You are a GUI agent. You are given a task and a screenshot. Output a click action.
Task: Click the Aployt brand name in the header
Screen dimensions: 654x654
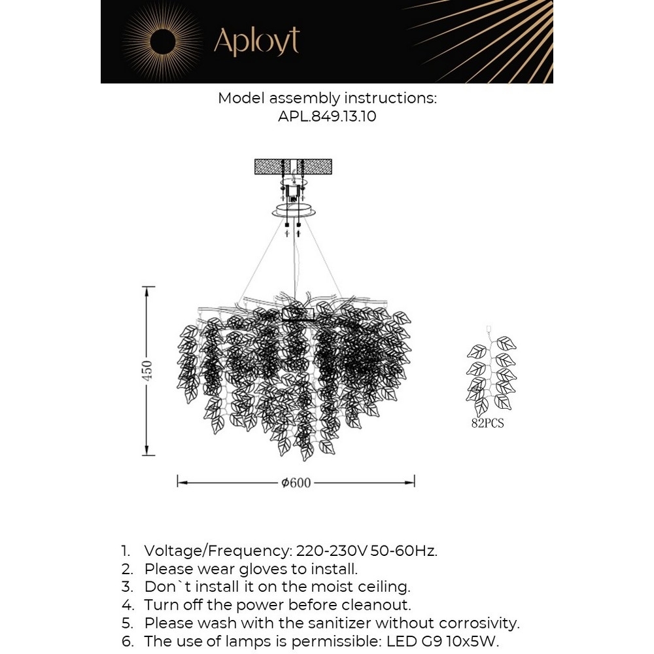point(256,42)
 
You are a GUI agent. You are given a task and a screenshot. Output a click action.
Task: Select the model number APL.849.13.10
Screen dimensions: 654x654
point(327,117)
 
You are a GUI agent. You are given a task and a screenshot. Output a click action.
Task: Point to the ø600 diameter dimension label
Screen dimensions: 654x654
point(296,483)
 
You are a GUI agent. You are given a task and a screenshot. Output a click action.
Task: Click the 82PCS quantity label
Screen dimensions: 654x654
point(488,423)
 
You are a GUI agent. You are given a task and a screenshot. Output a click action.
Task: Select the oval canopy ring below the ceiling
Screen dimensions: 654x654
point(294,211)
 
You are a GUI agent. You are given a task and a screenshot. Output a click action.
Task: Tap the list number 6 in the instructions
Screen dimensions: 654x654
point(124,642)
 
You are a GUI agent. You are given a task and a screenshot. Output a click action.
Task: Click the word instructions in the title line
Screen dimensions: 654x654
point(390,99)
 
